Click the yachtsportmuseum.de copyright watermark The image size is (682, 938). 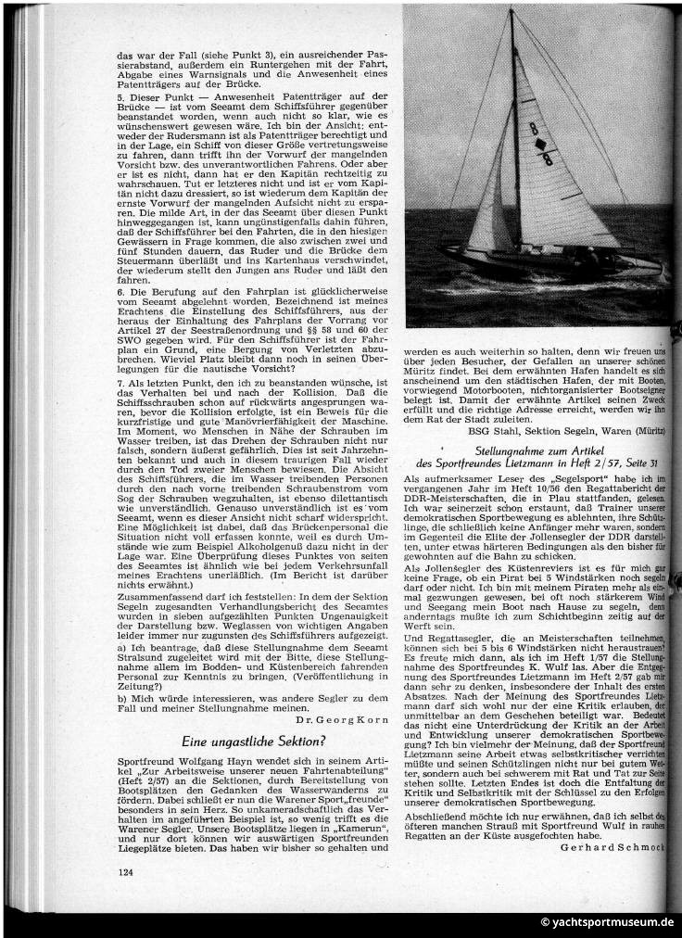(608, 923)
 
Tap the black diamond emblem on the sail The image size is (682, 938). (540, 144)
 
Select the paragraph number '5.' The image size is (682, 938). (121, 95)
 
